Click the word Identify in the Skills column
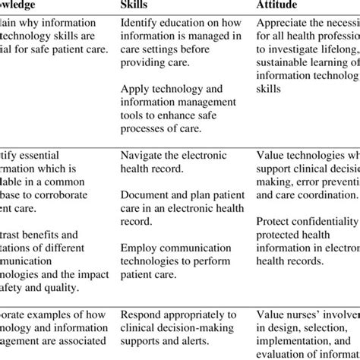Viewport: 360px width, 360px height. coord(141,22)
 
